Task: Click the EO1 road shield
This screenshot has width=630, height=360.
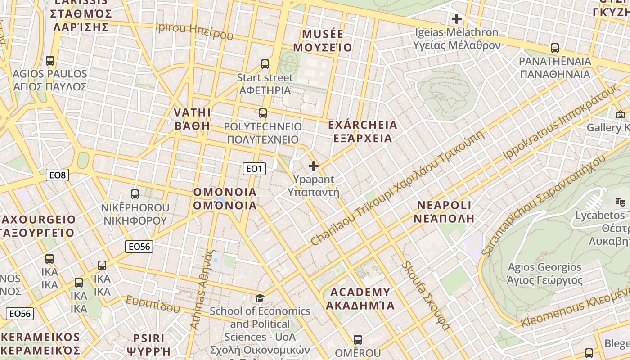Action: pos(254,169)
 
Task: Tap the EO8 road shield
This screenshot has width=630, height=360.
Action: pos(57,175)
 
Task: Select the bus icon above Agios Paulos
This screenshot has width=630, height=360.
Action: pos(50,60)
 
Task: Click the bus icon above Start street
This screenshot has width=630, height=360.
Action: pos(265,64)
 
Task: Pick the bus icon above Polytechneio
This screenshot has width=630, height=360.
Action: pos(263,113)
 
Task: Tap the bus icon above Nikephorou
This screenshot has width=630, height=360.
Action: pos(135,194)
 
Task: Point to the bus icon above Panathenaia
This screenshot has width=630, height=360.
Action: pos(555,48)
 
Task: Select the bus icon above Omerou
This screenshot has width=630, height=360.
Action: pos(358,339)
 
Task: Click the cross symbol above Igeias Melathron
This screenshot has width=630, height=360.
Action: pos(457,19)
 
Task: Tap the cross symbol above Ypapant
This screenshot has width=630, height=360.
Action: pos(314,166)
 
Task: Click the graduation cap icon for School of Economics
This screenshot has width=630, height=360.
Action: pos(260,298)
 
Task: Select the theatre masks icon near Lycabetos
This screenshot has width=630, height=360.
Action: pos(621,202)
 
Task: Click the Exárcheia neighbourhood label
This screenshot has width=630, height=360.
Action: pos(363,131)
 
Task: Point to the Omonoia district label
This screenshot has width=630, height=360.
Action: pos(225,199)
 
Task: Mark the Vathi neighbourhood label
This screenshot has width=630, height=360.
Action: pos(192,119)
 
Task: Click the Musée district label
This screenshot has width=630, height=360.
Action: pos(323,41)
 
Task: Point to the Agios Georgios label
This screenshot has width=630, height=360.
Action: pos(545,274)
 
